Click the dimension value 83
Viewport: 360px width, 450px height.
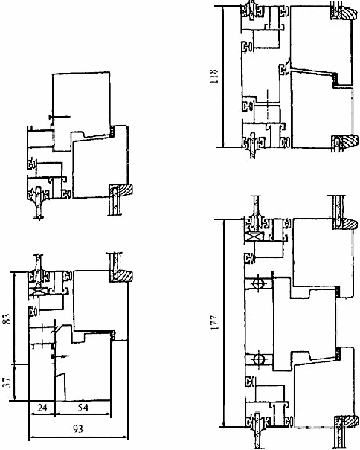click(7, 318)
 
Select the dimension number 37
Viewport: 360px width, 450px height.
click(7, 382)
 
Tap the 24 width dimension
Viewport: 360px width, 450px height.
click(42, 408)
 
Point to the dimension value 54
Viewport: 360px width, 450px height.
click(83, 408)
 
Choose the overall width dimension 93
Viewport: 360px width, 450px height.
click(78, 429)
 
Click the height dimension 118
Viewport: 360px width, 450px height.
click(214, 76)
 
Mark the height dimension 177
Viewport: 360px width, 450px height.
click(214, 322)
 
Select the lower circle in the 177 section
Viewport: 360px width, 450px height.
click(258, 359)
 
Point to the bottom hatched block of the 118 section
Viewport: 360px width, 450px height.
click(348, 142)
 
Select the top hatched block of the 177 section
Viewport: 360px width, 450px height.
click(349, 224)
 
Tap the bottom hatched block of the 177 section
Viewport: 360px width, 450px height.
click(349, 421)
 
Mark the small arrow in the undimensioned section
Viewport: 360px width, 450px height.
click(60, 117)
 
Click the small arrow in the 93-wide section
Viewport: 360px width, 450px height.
click(60, 356)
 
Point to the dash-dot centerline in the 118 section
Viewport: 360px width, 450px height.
click(268, 104)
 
